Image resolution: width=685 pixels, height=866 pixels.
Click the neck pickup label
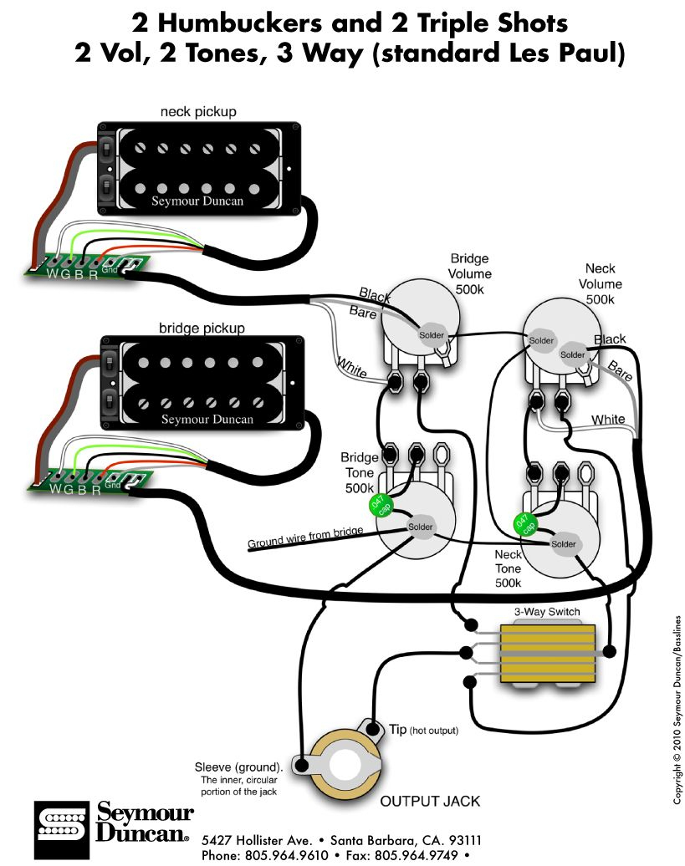tap(198, 111)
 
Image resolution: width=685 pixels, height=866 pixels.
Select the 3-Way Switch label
tap(547, 612)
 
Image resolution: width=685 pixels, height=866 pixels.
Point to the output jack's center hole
tap(343, 763)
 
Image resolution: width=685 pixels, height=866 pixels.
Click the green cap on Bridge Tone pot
tap(379, 507)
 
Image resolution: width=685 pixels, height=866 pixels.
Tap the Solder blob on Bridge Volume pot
tap(432, 334)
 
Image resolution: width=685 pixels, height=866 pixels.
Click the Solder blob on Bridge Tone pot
tap(421, 527)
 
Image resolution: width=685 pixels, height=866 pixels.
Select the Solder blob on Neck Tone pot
tap(564, 544)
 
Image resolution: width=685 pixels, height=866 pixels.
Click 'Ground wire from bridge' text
tap(305, 538)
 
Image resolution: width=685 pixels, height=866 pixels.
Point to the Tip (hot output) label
tap(423, 730)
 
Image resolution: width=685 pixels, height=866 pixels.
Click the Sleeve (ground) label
tap(238, 766)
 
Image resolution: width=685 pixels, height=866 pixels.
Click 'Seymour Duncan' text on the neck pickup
tap(198, 201)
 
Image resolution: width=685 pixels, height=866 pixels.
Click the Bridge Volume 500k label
tap(469, 273)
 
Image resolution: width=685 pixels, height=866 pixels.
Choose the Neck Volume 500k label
tap(600, 283)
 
